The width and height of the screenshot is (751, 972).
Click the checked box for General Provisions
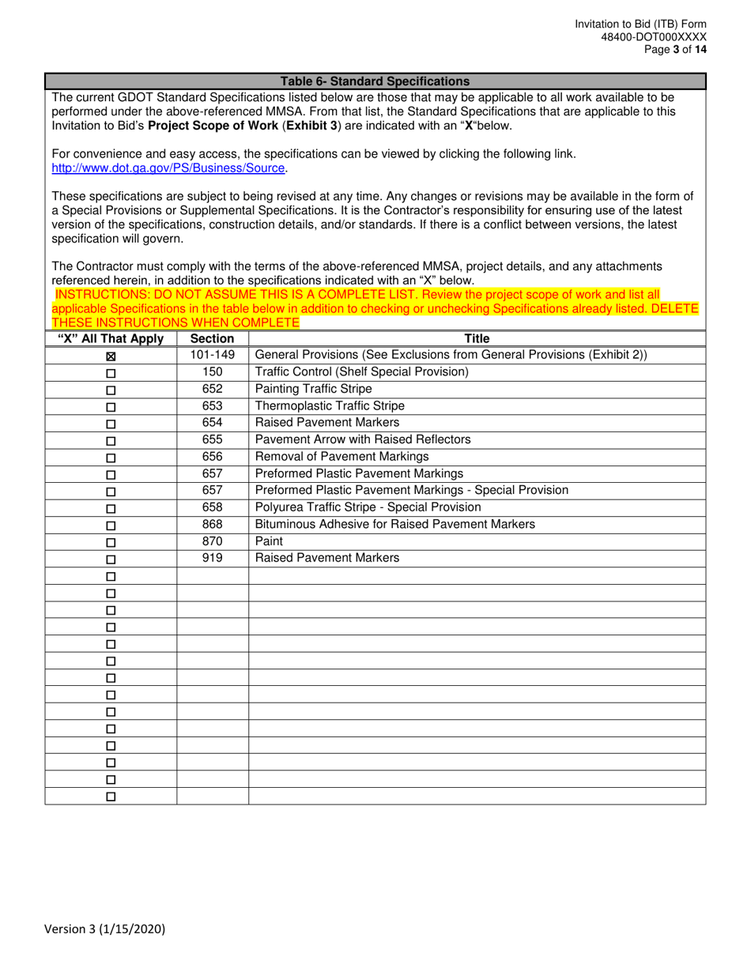[111, 357]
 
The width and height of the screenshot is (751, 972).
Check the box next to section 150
[111, 374]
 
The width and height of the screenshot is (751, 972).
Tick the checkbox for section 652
[111, 390]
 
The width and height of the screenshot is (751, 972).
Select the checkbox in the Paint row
[111, 543]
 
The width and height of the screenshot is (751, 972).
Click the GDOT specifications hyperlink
[168, 168]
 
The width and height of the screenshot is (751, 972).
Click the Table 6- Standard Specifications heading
[375, 81]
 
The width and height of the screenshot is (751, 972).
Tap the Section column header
[212, 339]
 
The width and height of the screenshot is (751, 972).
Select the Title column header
[477, 339]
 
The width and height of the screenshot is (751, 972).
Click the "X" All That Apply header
[111, 339]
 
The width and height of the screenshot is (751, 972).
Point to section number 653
[212, 405]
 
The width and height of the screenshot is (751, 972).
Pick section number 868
[212, 524]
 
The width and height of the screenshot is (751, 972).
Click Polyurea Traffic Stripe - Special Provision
[368, 507]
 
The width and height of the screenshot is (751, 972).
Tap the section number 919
[212, 557]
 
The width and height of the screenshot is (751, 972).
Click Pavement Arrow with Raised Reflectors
[363, 439]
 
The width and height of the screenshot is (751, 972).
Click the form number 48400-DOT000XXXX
[653, 37]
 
